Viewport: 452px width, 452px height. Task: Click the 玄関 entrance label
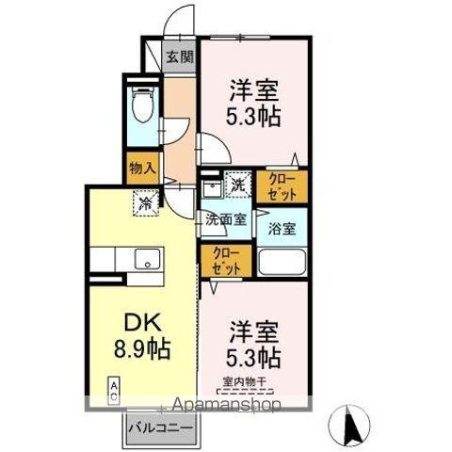(x=181, y=56)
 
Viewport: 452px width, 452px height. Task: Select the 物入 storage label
(x=142, y=169)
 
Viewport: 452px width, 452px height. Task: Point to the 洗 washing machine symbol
(x=238, y=186)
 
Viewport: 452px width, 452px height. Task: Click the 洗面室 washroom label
(x=227, y=220)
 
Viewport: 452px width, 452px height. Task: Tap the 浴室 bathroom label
(x=282, y=228)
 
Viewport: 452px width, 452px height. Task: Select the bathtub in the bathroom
(x=282, y=261)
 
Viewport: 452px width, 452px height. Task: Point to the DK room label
(x=139, y=321)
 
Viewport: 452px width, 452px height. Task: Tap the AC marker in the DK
(x=113, y=388)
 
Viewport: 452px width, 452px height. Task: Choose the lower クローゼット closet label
(x=226, y=259)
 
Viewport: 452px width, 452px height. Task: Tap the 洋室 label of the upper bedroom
(x=251, y=93)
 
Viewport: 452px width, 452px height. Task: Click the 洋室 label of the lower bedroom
(x=251, y=331)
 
